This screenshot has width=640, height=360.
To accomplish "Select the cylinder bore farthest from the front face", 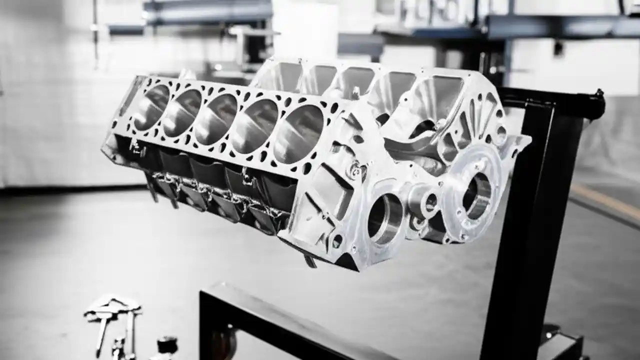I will [151, 107].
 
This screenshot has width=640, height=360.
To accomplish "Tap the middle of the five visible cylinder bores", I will [215, 119].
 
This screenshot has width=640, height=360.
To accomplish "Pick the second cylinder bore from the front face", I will [256, 126].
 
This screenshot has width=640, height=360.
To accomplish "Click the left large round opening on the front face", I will [385, 218].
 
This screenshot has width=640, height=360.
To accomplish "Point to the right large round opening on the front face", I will [476, 194].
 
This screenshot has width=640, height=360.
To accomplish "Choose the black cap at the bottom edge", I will [167, 344].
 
